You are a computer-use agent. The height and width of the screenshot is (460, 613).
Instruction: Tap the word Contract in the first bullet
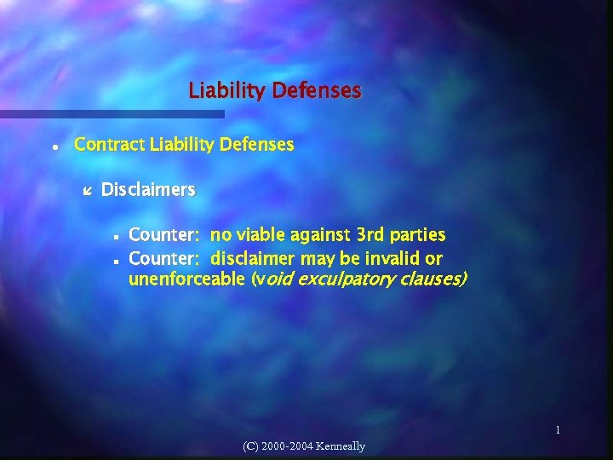tap(110, 145)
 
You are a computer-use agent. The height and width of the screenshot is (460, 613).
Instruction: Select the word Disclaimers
tap(148, 189)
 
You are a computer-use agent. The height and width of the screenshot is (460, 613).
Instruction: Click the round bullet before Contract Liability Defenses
tap(54, 147)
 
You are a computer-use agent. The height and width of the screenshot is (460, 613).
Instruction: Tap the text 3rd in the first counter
tap(369, 234)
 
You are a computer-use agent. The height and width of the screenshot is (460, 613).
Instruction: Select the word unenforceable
tap(186, 279)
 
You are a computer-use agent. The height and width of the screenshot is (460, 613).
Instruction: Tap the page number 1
tap(558, 431)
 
